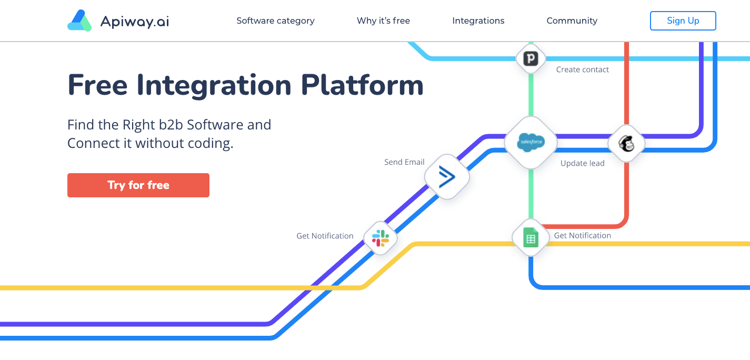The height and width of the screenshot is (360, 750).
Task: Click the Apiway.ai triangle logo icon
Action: [x=79, y=21]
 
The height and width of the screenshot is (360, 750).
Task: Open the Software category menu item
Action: [x=275, y=21]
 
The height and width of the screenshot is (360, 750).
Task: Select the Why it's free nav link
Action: [x=383, y=21]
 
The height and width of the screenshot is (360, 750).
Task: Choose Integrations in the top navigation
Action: [x=478, y=21]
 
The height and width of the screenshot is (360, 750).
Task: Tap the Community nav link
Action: [x=572, y=21]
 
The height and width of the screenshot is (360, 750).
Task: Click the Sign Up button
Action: [x=683, y=21]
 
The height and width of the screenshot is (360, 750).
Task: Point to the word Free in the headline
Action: [x=97, y=85]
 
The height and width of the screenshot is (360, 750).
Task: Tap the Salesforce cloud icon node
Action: [x=530, y=142]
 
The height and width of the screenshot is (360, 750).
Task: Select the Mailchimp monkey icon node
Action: [x=626, y=143]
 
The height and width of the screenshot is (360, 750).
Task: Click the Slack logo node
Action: [x=380, y=238]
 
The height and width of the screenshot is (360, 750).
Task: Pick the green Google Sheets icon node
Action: [x=531, y=238]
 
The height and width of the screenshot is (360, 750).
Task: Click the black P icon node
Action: [x=531, y=58]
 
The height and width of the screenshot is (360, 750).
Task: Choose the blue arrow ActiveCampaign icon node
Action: [x=447, y=177]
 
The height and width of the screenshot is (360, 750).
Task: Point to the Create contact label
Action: [x=582, y=69]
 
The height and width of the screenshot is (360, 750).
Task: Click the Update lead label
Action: [x=582, y=163]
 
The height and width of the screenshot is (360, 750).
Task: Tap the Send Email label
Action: [x=404, y=162]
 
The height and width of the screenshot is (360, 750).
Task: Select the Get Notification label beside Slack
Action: [x=325, y=236]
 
